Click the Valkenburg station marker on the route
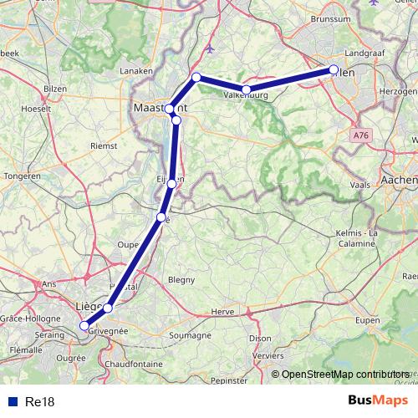coord(247,89)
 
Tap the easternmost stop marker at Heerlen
coord(334,70)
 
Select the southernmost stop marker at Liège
coord(84,326)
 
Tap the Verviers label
coord(268,354)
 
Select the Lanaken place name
coord(137,71)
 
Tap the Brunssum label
coord(329,18)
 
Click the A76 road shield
coord(360,135)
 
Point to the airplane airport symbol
coord(209,49)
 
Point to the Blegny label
coord(181,280)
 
